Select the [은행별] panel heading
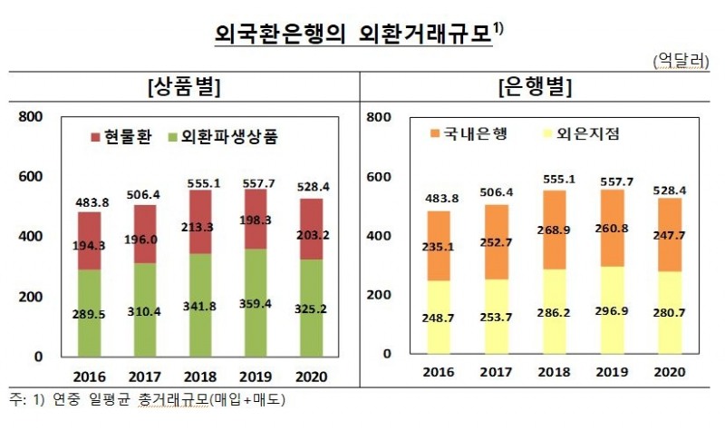535,88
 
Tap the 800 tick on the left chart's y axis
31,117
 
